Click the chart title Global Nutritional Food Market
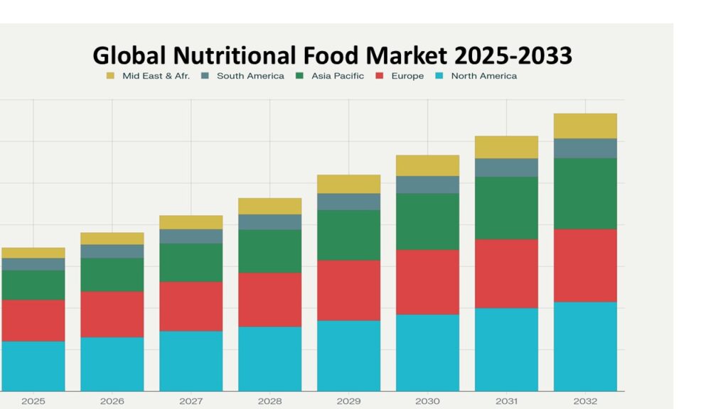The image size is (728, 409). click(x=332, y=55)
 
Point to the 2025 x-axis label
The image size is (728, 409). click(x=33, y=401)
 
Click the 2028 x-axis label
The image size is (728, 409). click(x=269, y=401)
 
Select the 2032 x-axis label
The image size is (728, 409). click(x=585, y=401)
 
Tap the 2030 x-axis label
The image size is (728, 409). click(x=427, y=401)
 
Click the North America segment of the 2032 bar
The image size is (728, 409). click(x=585, y=347)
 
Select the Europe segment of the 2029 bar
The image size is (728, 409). click(x=348, y=290)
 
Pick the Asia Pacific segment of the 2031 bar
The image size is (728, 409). click(x=506, y=208)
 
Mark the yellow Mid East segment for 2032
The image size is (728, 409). click(x=585, y=126)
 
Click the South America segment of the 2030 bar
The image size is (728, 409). click(x=427, y=185)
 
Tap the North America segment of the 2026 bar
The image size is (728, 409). click(x=112, y=364)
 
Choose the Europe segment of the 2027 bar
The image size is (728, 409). click(x=191, y=306)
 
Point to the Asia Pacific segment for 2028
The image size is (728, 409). click(x=269, y=251)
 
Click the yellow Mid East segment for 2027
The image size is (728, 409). click(x=191, y=222)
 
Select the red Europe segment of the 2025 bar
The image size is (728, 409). click(x=33, y=320)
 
